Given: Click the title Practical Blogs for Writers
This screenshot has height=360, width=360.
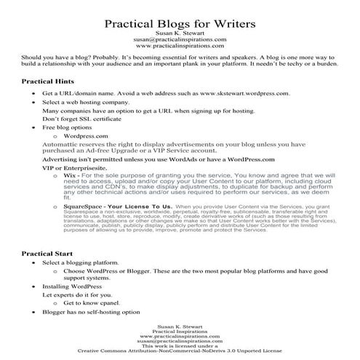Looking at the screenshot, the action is click(x=180, y=24).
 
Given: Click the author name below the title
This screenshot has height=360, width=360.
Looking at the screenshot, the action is click(x=180, y=35).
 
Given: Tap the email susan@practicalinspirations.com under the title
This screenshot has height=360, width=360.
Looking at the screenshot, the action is click(x=180, y=42).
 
